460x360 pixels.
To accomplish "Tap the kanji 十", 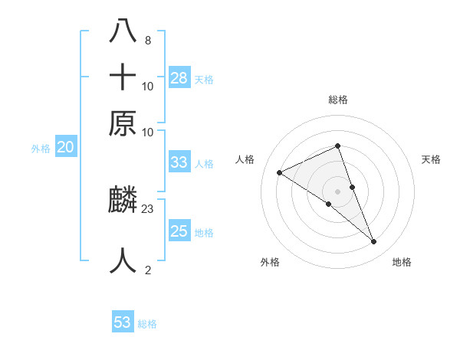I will [123, 78].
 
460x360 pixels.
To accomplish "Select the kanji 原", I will [123, 123].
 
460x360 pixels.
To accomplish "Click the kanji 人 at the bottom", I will [123, 260].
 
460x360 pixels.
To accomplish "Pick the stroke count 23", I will [148, 208].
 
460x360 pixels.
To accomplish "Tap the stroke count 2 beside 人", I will [147, 270].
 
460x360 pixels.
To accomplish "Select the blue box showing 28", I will [179, 77].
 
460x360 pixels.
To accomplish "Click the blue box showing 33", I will [179, 162].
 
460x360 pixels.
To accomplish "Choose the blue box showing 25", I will [179, 231].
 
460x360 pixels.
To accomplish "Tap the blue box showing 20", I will [65, 148].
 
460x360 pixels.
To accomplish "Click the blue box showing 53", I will [123, 322].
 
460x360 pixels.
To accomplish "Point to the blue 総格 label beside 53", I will [147, 324].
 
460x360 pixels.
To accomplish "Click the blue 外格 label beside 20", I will [41, 149].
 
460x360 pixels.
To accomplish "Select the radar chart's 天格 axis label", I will [431, 159].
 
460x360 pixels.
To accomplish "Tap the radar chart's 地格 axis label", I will [402, 262].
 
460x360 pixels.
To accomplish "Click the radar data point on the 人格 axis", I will [280, 173].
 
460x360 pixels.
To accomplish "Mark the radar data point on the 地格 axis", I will [374, 242].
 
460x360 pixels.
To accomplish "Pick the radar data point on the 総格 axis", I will [337, 146].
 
